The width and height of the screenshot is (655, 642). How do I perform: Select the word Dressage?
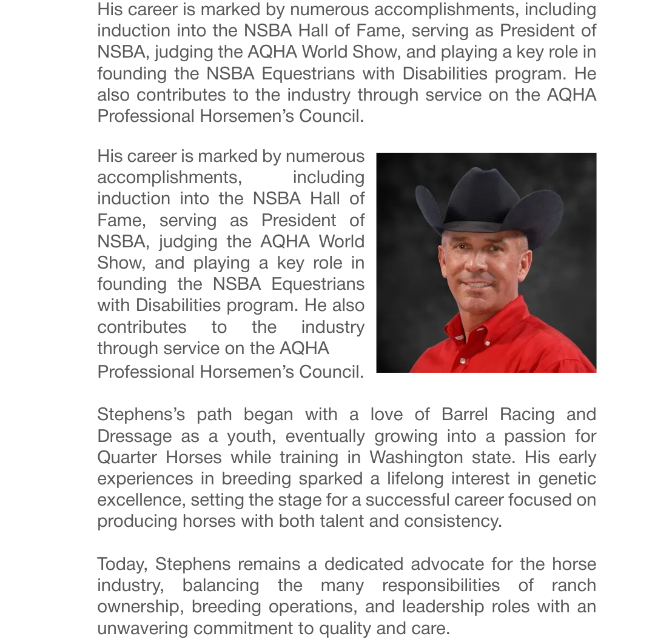point(135,436)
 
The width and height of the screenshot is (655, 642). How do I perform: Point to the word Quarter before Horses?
point(127,457)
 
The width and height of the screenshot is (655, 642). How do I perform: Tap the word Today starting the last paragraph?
point(122,564)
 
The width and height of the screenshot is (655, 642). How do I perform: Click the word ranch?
point(574,586)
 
